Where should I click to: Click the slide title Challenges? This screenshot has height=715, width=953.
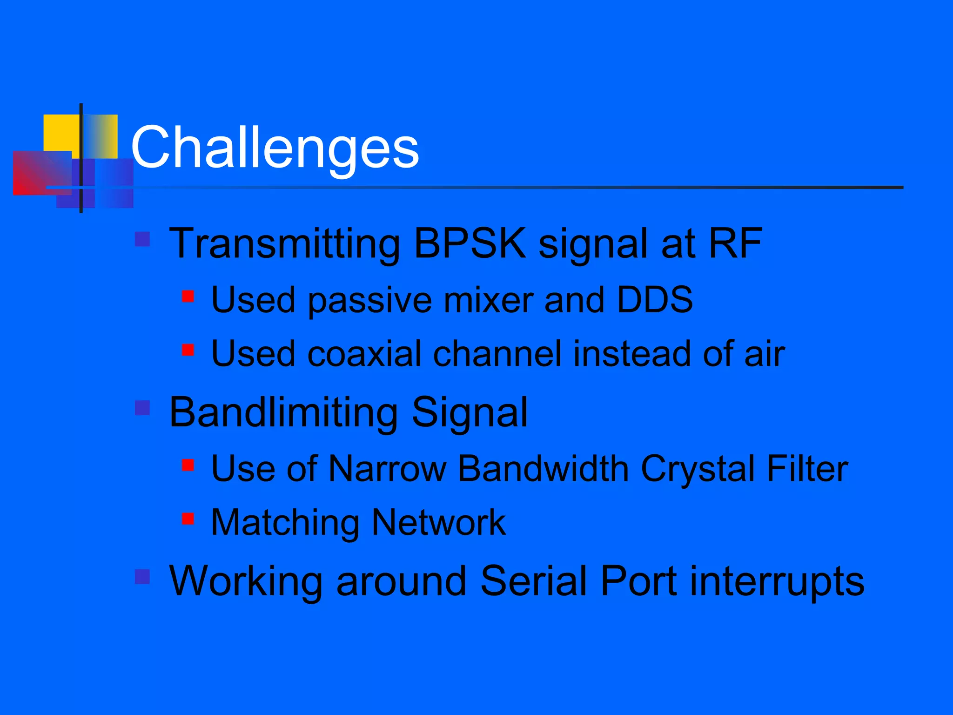[x=275, y=148]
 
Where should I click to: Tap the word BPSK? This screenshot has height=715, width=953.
[x=470, y=243]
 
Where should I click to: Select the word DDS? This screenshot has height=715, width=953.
[x=654, y=299]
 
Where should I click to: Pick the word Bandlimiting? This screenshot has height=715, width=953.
[x=283, y=412]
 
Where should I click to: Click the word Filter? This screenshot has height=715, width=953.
[x=807, y=468]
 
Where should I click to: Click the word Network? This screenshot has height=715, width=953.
[x=438, y=523]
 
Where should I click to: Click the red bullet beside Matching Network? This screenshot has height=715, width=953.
[x=188, y=519]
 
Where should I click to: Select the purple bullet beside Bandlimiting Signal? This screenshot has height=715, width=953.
[x=142, y=408]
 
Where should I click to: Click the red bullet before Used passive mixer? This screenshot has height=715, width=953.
[x=188, y=296]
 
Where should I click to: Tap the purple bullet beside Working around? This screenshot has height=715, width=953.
[x=142, y=577]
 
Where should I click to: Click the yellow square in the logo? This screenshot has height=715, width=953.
[x=60, y=133]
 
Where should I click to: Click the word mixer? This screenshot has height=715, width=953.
[x=488, y=300]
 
